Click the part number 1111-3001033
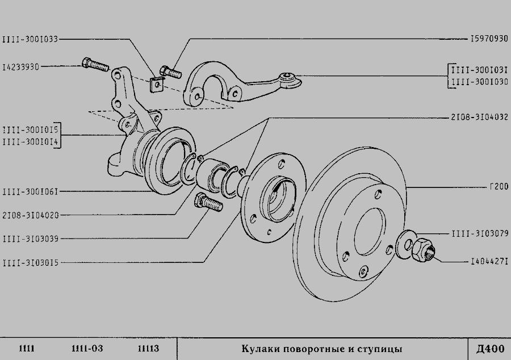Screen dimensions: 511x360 [30, 39]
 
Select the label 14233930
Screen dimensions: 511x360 [21, 67]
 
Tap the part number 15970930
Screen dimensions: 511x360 [489, 39]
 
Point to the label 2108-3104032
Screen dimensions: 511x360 [479, 117]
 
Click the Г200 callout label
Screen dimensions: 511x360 [499, 187]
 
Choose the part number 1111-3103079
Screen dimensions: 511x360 [480, 233]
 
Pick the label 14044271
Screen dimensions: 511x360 [489, 261]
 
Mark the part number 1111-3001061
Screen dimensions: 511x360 [30, 191]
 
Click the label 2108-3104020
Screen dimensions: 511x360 [31, 215]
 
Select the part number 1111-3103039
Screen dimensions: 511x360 [31, 239]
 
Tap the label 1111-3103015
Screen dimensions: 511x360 [31, 262]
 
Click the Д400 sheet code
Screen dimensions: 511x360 [490, 349]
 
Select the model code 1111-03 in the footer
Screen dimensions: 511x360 [87, 349]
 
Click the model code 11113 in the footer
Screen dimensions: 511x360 [148, 349]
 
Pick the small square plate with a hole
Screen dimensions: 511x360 [157, 85]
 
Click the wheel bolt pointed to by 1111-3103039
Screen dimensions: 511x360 [208, 202]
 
